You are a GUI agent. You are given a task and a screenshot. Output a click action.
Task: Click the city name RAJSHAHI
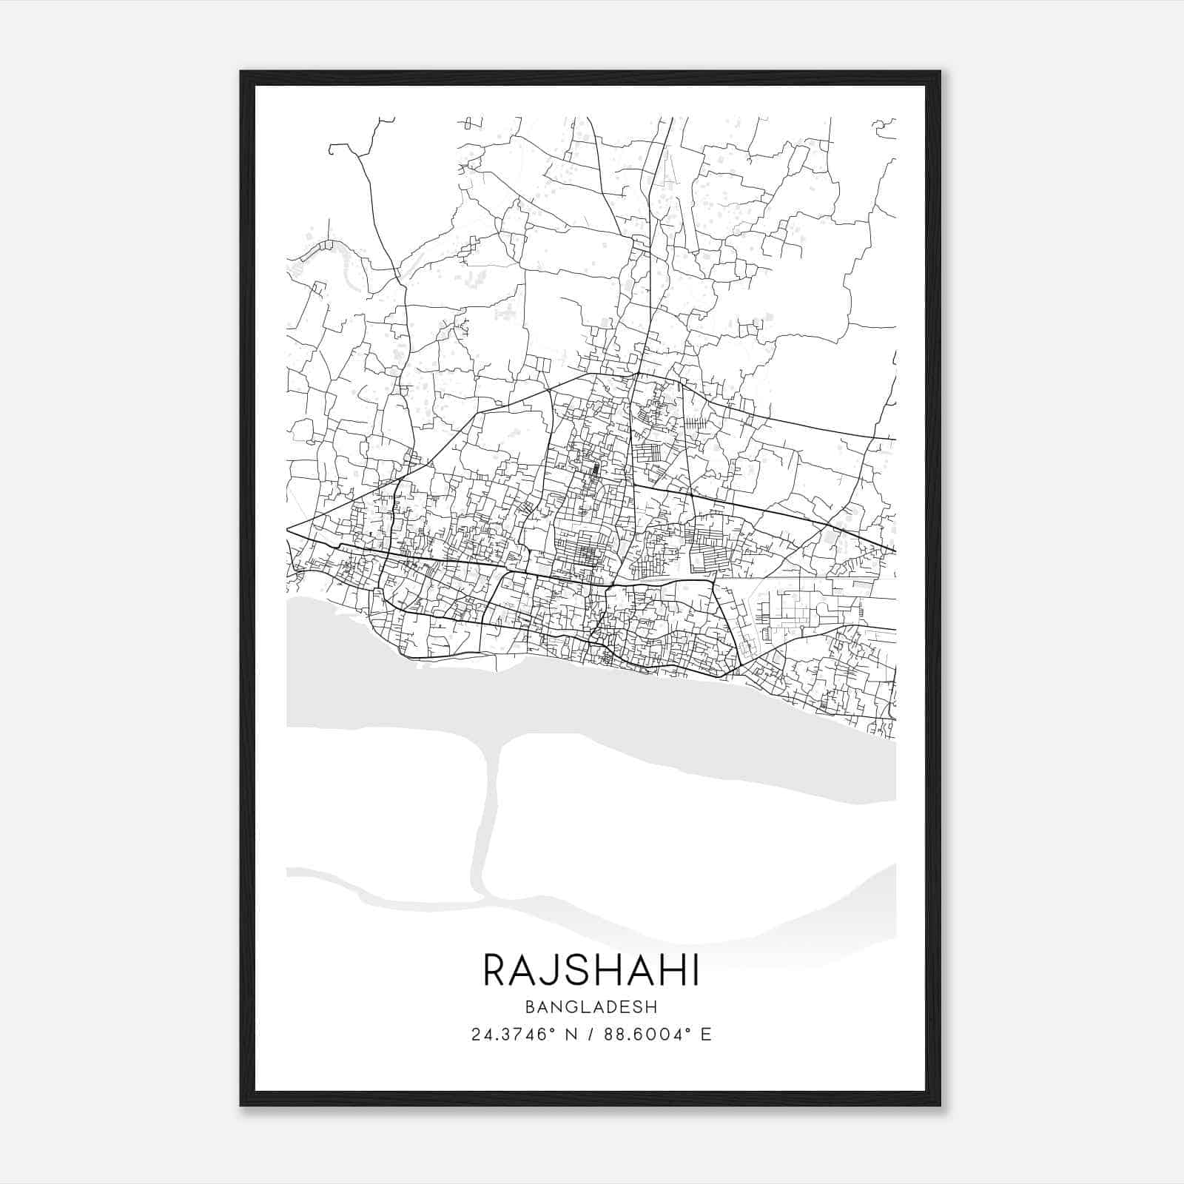point(591,970)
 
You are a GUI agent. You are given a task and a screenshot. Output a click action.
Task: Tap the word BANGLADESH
point(591,1006)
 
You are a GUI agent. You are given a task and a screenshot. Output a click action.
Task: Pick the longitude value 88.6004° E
point(657,1035)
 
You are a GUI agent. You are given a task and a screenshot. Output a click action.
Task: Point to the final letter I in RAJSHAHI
point(694,970)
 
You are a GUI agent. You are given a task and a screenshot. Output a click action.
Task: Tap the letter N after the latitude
point(571,1035)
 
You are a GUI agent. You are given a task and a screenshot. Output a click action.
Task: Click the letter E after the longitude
point(706,1035)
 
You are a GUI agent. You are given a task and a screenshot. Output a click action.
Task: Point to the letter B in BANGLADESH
point(530,1006)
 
